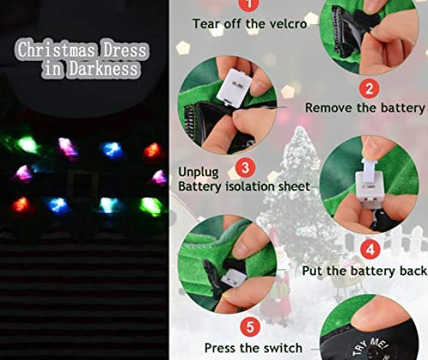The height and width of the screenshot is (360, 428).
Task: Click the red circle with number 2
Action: (369, 88)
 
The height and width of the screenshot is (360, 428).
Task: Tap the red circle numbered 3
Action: (246, 167)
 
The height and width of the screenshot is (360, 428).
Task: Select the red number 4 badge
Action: (370, 250)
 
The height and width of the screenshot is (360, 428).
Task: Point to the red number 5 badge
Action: (250, 326)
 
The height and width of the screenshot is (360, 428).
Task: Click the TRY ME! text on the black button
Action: (370, 347)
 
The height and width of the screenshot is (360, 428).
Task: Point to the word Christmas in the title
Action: (56, 49)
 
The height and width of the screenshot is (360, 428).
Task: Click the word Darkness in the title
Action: (104, 68)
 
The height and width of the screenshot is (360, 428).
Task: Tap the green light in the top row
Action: (29, 145)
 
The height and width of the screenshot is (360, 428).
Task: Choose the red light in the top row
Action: (152, 151)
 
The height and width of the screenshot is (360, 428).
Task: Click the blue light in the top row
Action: (113, 150)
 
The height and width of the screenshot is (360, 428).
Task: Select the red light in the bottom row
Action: (21, 205)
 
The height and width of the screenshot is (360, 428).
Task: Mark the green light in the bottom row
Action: (151, 205)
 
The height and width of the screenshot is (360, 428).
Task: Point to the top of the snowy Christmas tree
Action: (300, 127)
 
